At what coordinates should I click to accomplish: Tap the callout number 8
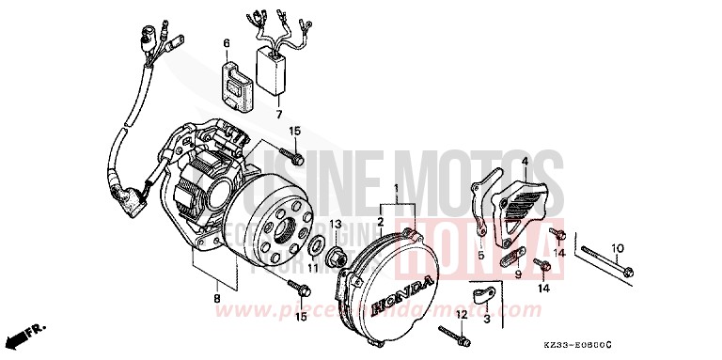[216, 299]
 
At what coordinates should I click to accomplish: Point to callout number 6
[226, 43]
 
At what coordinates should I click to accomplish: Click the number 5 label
[480, 254]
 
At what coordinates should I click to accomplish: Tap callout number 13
[335, 223]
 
